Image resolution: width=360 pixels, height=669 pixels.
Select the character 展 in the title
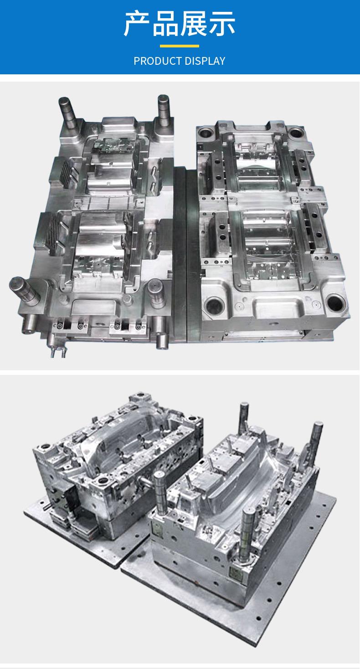coord(193,24)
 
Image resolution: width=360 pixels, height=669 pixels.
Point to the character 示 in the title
coord(221,24)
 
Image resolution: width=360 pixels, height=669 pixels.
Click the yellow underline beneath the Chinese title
coord(180,46)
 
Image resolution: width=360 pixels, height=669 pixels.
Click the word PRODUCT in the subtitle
coord(157,61)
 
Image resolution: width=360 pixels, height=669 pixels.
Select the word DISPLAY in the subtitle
coord(205,61)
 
